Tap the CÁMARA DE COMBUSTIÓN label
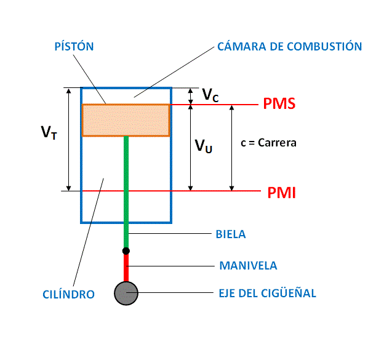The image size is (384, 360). coord(289,47)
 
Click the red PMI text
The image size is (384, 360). coord(282,193)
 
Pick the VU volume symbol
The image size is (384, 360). coord(204,146)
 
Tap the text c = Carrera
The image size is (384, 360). coord(269,143)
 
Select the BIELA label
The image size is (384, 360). coord(231,234)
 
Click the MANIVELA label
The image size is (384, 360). coord(248,266)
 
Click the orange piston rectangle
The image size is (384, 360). coord(126,120)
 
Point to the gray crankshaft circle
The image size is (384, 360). coord(126,293)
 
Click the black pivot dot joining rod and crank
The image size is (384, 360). coord(126,250)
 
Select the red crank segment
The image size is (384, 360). coord(126,267)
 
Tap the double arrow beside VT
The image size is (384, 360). coord(68,139)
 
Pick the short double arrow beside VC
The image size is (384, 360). coord(190,95)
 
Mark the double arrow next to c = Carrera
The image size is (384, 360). coord(232,147)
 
